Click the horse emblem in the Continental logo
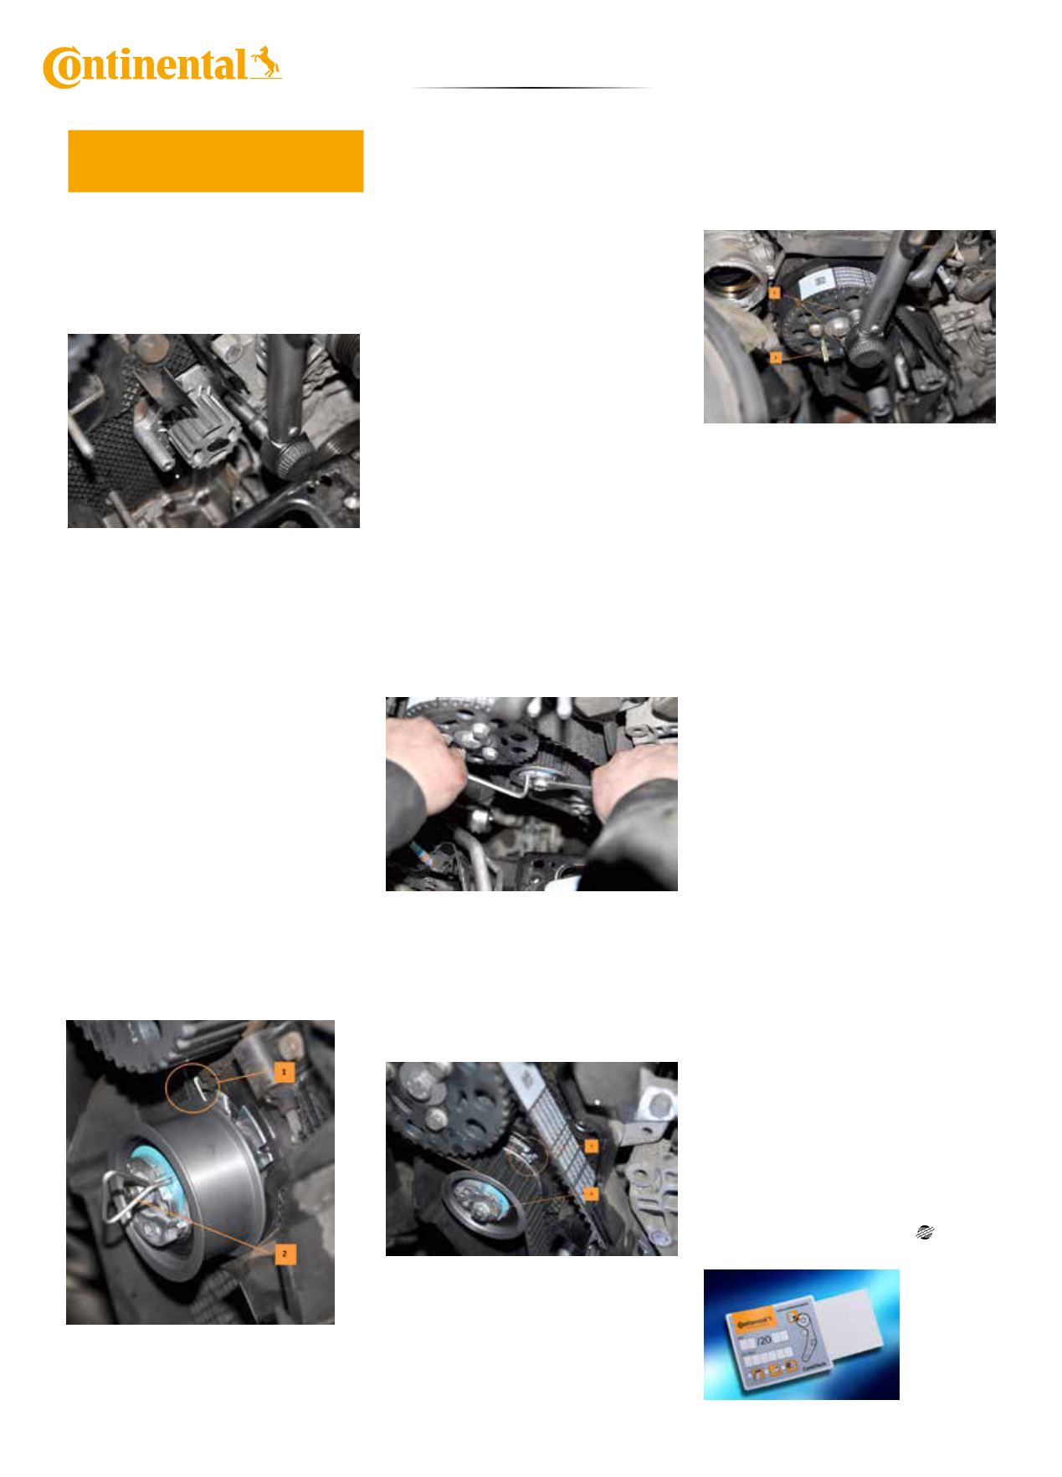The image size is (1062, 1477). coord(265,64)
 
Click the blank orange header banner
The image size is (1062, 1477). coord(215,161)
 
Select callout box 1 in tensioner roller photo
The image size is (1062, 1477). coord(284,1071)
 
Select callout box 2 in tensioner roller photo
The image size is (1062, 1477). coord(284,1254)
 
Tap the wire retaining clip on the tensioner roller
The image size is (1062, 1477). coord(126,1197)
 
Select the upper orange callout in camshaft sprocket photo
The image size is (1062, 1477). coord(776,294)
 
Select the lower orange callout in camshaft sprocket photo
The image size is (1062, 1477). coord(776,357)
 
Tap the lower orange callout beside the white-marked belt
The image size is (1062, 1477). coord(591,1192)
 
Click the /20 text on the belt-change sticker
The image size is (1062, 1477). coord(765,1341)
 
